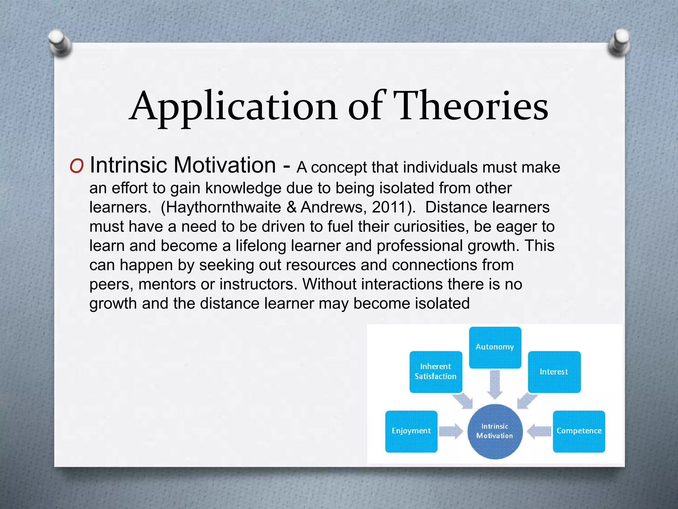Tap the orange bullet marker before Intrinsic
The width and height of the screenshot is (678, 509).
(x=76, y=166)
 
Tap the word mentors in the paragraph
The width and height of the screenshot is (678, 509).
(x=167, y=284)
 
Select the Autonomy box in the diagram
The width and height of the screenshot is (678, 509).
(x=495, y=347)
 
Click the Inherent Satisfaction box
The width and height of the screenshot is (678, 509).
(x=435, y=372)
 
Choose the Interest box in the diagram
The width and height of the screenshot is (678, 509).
(x=554, y=372)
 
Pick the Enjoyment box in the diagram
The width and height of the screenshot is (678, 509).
(x=411, y=431)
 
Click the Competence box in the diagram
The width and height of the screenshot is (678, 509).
(x=579, y=431)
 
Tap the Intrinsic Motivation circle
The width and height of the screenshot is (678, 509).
(x=495, y=431)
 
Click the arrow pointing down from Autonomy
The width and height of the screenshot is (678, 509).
(x=495, y=384)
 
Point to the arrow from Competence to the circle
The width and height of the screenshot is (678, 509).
(x=539, y=431)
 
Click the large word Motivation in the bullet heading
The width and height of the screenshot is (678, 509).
(x=225, y=165)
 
